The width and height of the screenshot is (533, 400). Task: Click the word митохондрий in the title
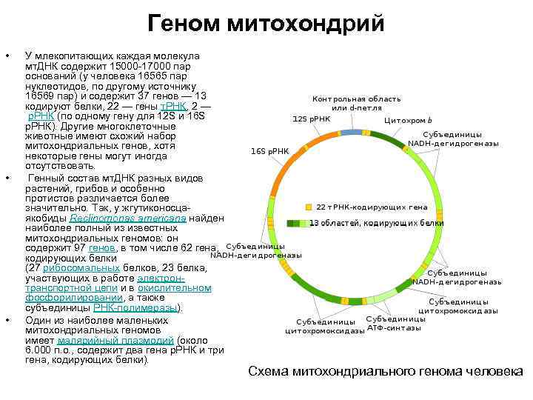click(x=306, y=24)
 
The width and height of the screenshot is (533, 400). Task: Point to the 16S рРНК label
click(x=269, y=151)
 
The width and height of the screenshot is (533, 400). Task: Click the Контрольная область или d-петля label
click(x=356, y=104)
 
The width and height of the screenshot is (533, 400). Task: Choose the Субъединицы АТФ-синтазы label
click(x=396, y=323)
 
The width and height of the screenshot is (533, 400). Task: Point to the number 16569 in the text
click(x=39, y=96)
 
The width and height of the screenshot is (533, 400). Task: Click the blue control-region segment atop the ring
click(x=354, y=132)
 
